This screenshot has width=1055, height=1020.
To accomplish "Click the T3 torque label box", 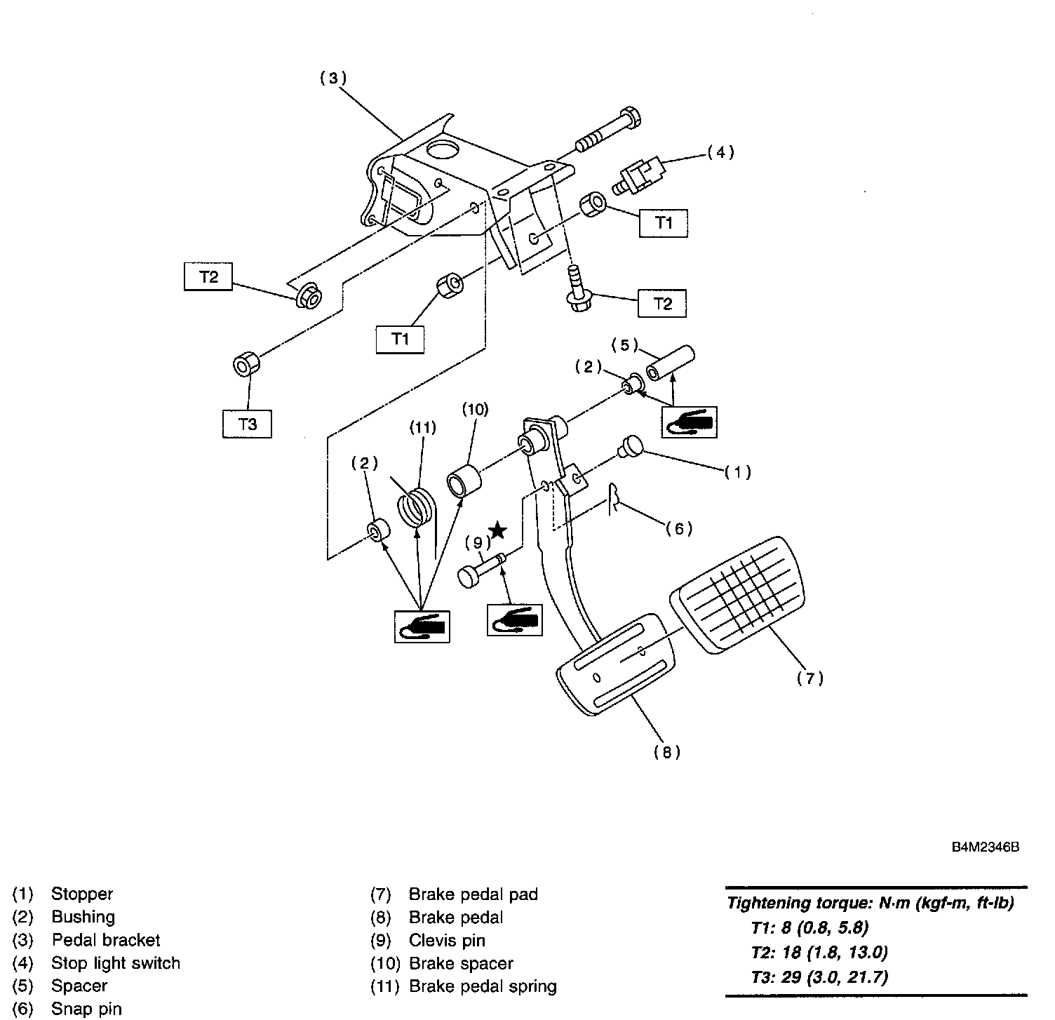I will [x=247, y=424].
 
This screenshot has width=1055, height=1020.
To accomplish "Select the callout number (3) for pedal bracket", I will [x=333, y=79].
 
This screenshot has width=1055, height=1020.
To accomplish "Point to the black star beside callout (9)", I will [x=497, y=530].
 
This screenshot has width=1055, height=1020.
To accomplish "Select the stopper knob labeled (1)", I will [x=630, y=446].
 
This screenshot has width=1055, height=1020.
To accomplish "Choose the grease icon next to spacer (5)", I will [x=690, y=422].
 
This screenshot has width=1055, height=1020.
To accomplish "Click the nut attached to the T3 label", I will [x=246, y=365].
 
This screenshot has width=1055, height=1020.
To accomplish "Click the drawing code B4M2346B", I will [x=985, y=847].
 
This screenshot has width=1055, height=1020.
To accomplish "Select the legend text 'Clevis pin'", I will [x=447, y=940].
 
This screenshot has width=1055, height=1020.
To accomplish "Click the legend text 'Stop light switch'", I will [x=116, y=963].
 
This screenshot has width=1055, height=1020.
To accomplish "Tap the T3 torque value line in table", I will [x=819, y=977].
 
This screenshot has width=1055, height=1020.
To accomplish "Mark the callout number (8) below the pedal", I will [x=667, y=752].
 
